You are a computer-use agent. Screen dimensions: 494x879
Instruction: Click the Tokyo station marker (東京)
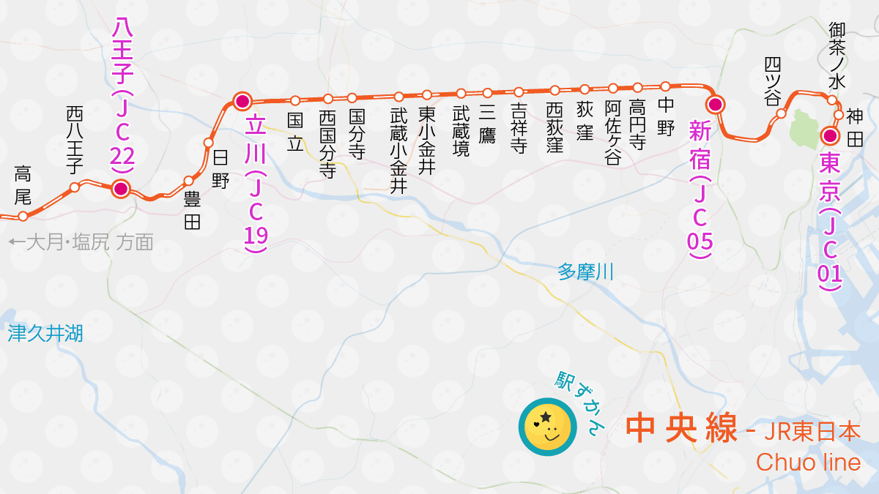(x=830, y=136)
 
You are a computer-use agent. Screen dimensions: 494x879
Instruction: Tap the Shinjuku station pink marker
(x=716, y=105)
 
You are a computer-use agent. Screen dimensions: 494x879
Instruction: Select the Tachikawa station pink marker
(x=242, y=101)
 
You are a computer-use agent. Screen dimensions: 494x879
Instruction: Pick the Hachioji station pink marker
(x=121, y=189)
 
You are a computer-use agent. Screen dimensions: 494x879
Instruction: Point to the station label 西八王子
(x=74, y=139)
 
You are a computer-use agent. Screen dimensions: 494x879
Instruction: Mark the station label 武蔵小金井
(x=398, y=150)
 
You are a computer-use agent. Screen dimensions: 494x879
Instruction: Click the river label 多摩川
(x=585, y=272)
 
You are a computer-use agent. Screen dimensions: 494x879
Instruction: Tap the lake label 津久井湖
(x=45, y=334)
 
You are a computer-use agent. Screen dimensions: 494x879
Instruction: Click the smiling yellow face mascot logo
(x=546, y=426)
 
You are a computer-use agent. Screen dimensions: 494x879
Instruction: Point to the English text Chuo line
(x=808, y=463)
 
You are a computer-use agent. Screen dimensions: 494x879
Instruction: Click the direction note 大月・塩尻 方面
(x=81, y=242)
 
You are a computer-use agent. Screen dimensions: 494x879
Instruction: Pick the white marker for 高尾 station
(x=23, y=216)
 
